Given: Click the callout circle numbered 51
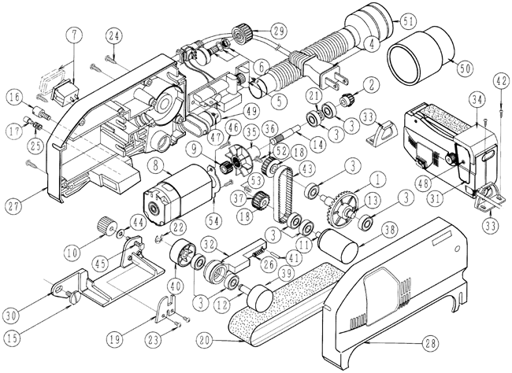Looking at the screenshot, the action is [408, 21].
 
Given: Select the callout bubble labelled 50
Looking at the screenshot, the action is [466, 68].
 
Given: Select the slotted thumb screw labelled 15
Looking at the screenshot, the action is [75, 297].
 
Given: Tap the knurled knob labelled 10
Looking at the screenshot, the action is [107, 225].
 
